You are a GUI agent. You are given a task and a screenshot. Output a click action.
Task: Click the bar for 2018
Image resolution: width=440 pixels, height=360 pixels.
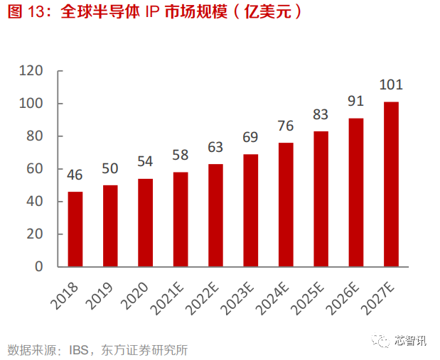pos(75,229)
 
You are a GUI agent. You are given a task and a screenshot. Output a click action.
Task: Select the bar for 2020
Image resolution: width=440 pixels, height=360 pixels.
pos(145,222)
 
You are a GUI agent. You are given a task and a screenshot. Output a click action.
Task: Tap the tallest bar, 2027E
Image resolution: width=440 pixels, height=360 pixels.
pos(390,184)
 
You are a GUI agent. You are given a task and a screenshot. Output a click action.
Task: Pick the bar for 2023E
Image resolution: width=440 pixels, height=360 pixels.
pos(250,210)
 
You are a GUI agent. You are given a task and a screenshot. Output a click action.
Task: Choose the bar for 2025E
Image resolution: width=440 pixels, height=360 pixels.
pos(321,199)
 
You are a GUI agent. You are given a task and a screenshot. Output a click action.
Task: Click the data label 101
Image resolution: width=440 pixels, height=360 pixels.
pos(390,85)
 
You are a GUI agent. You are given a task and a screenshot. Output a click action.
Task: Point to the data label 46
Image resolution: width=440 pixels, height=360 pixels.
pos(75,175)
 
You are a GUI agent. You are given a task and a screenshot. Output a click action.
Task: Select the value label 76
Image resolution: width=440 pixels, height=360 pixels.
pos(285,126)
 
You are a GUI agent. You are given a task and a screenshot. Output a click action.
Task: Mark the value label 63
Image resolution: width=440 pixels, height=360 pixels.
pos(215,147)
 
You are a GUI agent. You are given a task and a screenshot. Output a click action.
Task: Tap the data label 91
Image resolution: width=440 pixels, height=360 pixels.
pos(355,102)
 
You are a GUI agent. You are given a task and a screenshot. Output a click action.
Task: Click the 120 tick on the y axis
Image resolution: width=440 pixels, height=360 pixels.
pos(32,71)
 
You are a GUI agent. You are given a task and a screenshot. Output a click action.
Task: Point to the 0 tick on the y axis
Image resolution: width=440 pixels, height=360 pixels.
pos(40,267)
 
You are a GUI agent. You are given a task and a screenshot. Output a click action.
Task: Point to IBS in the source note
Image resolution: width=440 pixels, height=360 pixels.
pos(80,349)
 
